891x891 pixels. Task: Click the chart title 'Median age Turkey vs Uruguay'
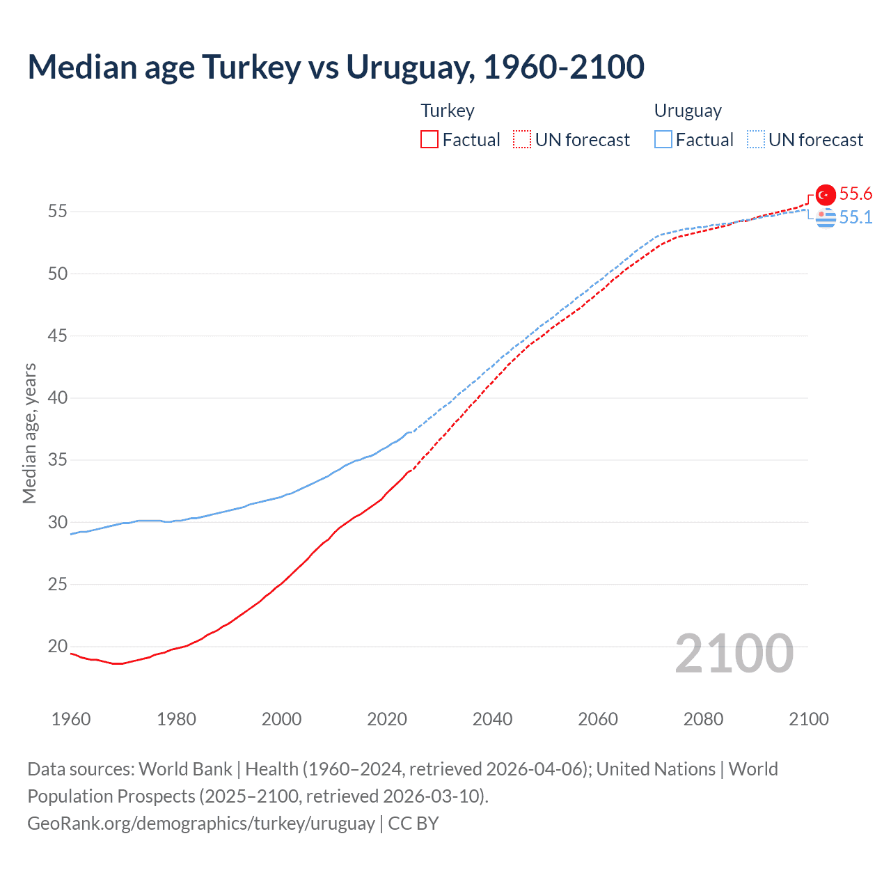tap(336, 67)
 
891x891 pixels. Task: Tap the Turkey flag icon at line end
tap(826, 195)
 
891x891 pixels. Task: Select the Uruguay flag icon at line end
tap(826, 218)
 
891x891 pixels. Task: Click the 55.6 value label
tap(855, 194)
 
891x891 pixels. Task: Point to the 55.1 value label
tap(855, 217)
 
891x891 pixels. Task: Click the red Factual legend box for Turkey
tap(429, 140)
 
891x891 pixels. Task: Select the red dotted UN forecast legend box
tap(522, 140)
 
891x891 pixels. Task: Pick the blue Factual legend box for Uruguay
tap(663, 140)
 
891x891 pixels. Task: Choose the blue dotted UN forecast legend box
tap(756, 140)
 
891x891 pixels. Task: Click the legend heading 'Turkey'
tap(448, 111)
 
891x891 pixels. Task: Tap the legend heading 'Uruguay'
tap(688, 111)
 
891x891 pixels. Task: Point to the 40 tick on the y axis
tap(58, 398)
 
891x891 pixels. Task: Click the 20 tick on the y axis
tap(58, 647)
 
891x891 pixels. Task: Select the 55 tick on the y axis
tap(58, 212)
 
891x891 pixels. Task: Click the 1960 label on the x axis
tap(71, 719)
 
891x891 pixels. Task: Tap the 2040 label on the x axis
tap(492, 719)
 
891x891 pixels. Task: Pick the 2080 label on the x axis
tap(703, 719)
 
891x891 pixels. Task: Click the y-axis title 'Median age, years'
tap(29, 433)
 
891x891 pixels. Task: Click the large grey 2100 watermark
tap(734, 653)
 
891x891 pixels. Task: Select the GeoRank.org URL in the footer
tap(201, 823)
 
